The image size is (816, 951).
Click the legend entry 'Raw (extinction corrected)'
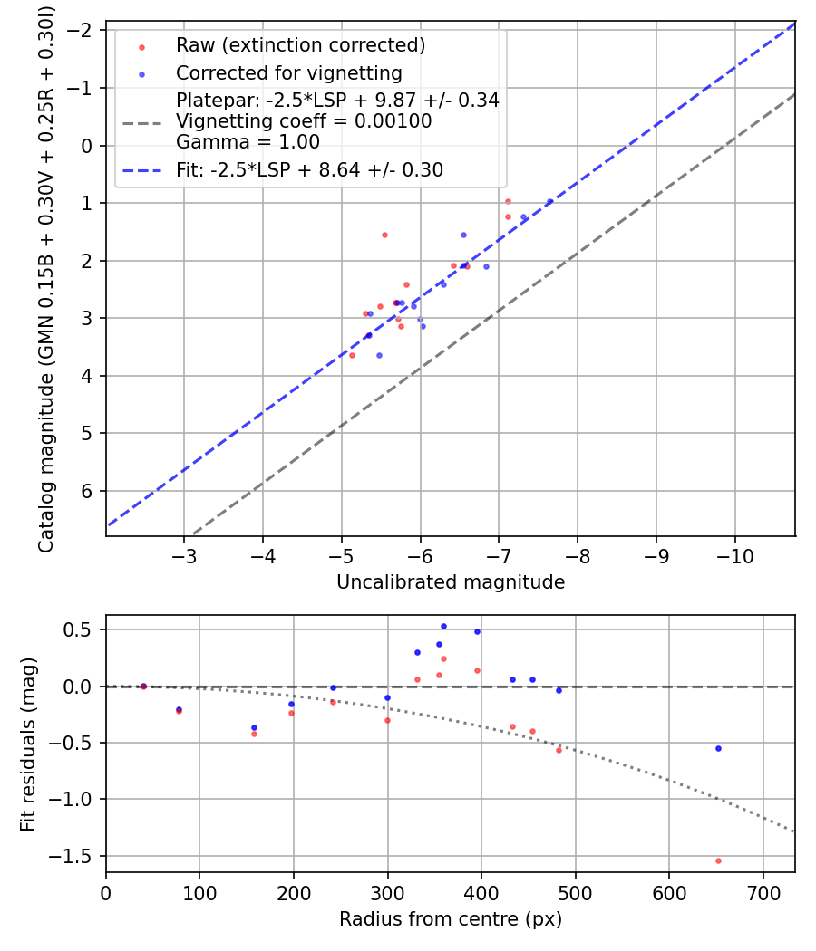(300, 45)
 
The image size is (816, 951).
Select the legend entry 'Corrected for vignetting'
(288, 72)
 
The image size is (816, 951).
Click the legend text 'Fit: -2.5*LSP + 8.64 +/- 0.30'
(309, 169)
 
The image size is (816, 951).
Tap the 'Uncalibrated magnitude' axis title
(451, 582)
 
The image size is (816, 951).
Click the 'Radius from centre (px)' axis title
(451, 919)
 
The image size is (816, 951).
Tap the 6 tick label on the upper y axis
(88, 491)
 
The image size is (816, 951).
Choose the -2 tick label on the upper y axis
(83, 30)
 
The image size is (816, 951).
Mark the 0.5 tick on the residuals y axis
(83, 629)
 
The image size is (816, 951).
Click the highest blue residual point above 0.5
(443, 626)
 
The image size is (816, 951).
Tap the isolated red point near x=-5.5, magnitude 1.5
(384, 235)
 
